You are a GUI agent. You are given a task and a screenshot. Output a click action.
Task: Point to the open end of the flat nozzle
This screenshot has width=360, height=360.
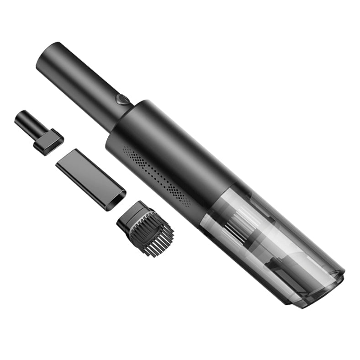(x=116, y=199)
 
